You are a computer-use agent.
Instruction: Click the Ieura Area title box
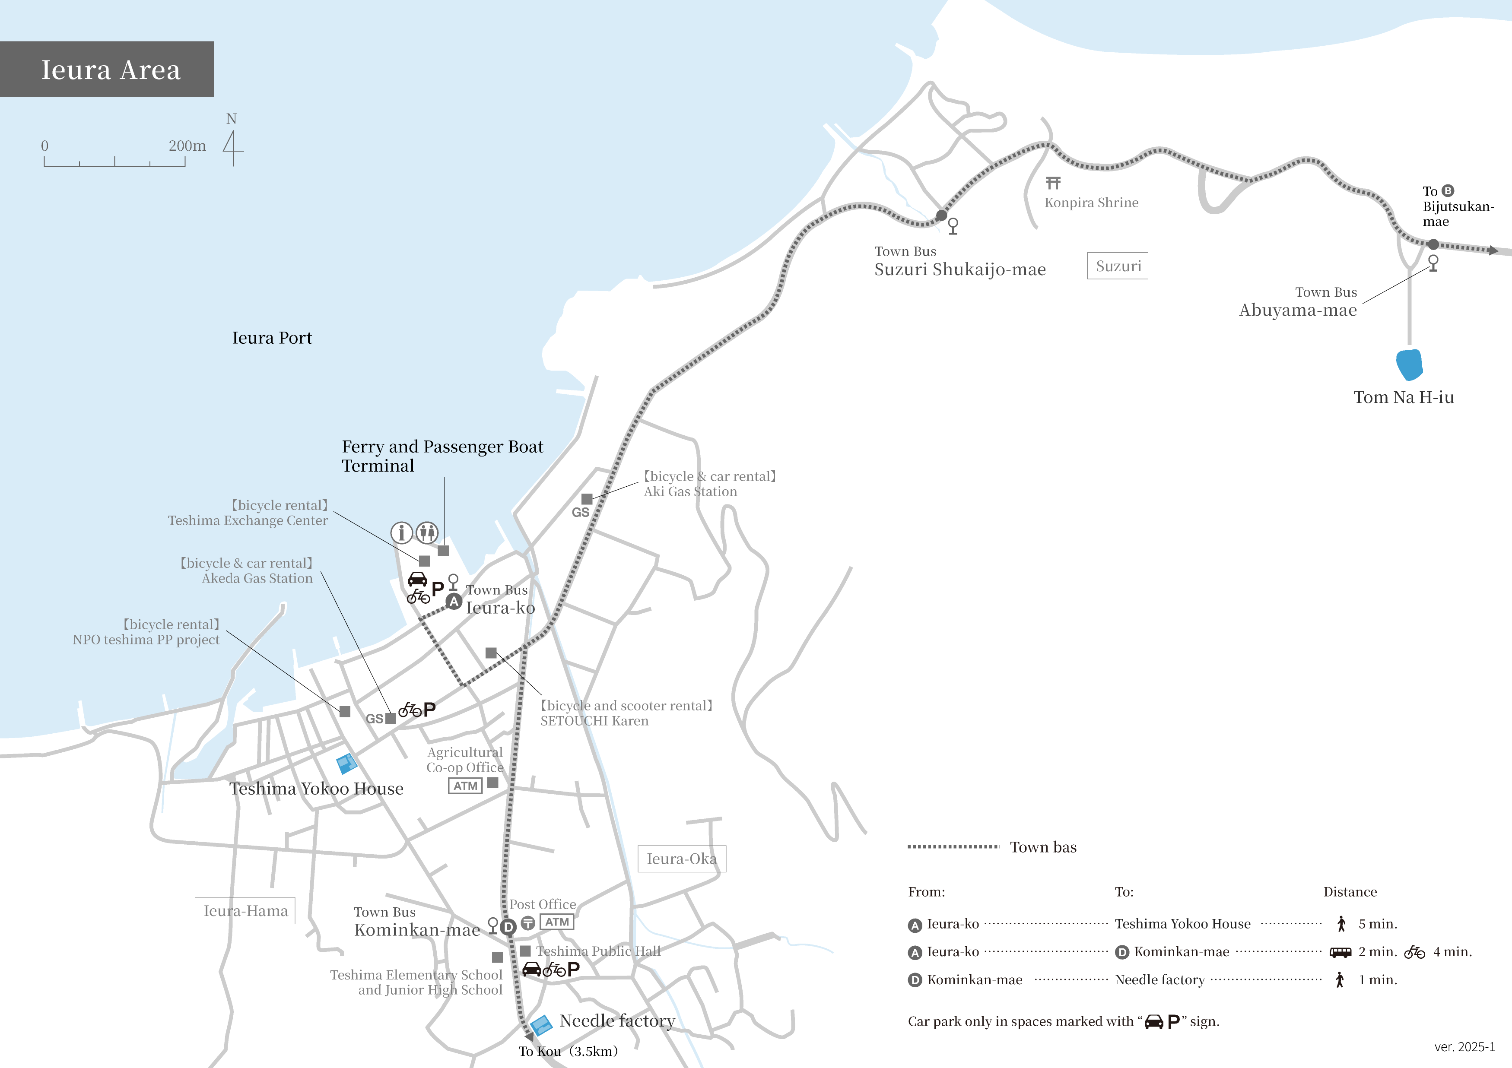107,69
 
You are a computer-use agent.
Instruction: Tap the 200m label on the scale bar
187,146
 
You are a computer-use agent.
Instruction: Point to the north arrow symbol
232,148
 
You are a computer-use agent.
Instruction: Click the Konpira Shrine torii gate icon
1053,182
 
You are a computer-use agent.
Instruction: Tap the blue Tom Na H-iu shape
1409,364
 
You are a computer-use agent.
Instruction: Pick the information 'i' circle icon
401,532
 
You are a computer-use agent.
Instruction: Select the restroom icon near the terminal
427,532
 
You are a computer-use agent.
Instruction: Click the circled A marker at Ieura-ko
453,601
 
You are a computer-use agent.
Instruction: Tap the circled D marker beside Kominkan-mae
508,927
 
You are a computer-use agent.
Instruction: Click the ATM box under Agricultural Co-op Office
465,786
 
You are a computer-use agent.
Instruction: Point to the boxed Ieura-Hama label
245,911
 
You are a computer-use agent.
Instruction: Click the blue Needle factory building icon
541,1024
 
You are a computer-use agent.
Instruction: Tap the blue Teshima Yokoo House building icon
346,763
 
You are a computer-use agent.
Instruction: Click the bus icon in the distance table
1340,952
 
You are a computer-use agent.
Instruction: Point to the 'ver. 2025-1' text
1464,1047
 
